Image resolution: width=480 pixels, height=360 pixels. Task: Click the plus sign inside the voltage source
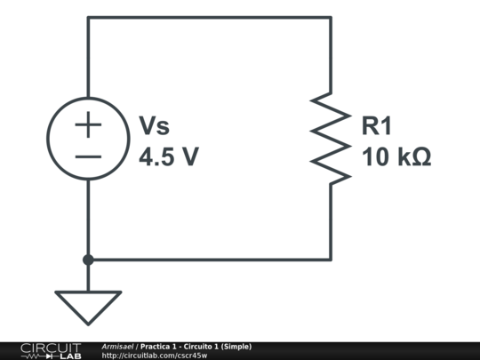[88, 124]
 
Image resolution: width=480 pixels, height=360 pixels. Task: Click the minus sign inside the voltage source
[88, 156]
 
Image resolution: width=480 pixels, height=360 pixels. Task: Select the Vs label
[153, 126]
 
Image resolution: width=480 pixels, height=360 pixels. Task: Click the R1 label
[377, 126]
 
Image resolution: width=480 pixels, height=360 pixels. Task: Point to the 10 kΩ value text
[396, 157]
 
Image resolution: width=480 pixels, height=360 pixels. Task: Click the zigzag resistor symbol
[330, 138]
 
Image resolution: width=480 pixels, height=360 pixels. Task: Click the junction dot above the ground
[88, 260]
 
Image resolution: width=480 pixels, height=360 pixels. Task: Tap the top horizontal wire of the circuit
[209, 17]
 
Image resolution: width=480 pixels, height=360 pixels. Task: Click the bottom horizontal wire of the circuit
[209, 260]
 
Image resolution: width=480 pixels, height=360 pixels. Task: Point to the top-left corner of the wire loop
[88, 17]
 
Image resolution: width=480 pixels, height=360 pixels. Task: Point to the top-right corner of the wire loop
[331, 17]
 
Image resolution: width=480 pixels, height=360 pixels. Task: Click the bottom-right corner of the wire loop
[331, 260]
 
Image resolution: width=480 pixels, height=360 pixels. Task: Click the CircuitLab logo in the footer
[51, 350]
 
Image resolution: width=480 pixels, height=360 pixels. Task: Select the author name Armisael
[117, 346]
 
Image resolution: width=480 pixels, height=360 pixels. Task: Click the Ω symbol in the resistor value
[421, 157]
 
